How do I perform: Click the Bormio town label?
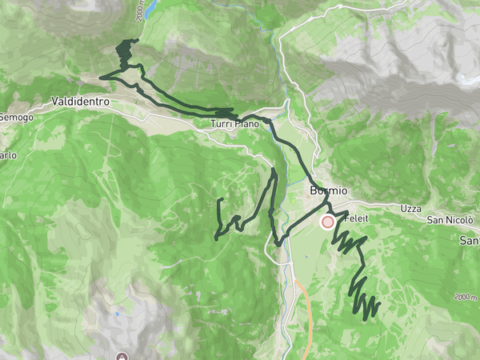[x=328, y=191]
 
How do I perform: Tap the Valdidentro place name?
[x=79, y=102]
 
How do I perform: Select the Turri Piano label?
[x=235, y=124]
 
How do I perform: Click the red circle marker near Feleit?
[x=327, y=222]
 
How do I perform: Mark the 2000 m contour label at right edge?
[x=466, y=297]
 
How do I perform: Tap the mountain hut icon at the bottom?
[x=122, y=355]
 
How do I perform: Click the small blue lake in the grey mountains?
[x=118, y=313]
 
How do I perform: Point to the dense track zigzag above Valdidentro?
[x=124, y=54]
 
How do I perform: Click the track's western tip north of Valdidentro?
[x=100, y=78]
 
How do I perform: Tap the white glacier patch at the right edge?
[x=463, y=78]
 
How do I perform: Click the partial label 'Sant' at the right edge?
[x=470, y=240]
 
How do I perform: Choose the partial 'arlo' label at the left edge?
[x=7, y=154]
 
